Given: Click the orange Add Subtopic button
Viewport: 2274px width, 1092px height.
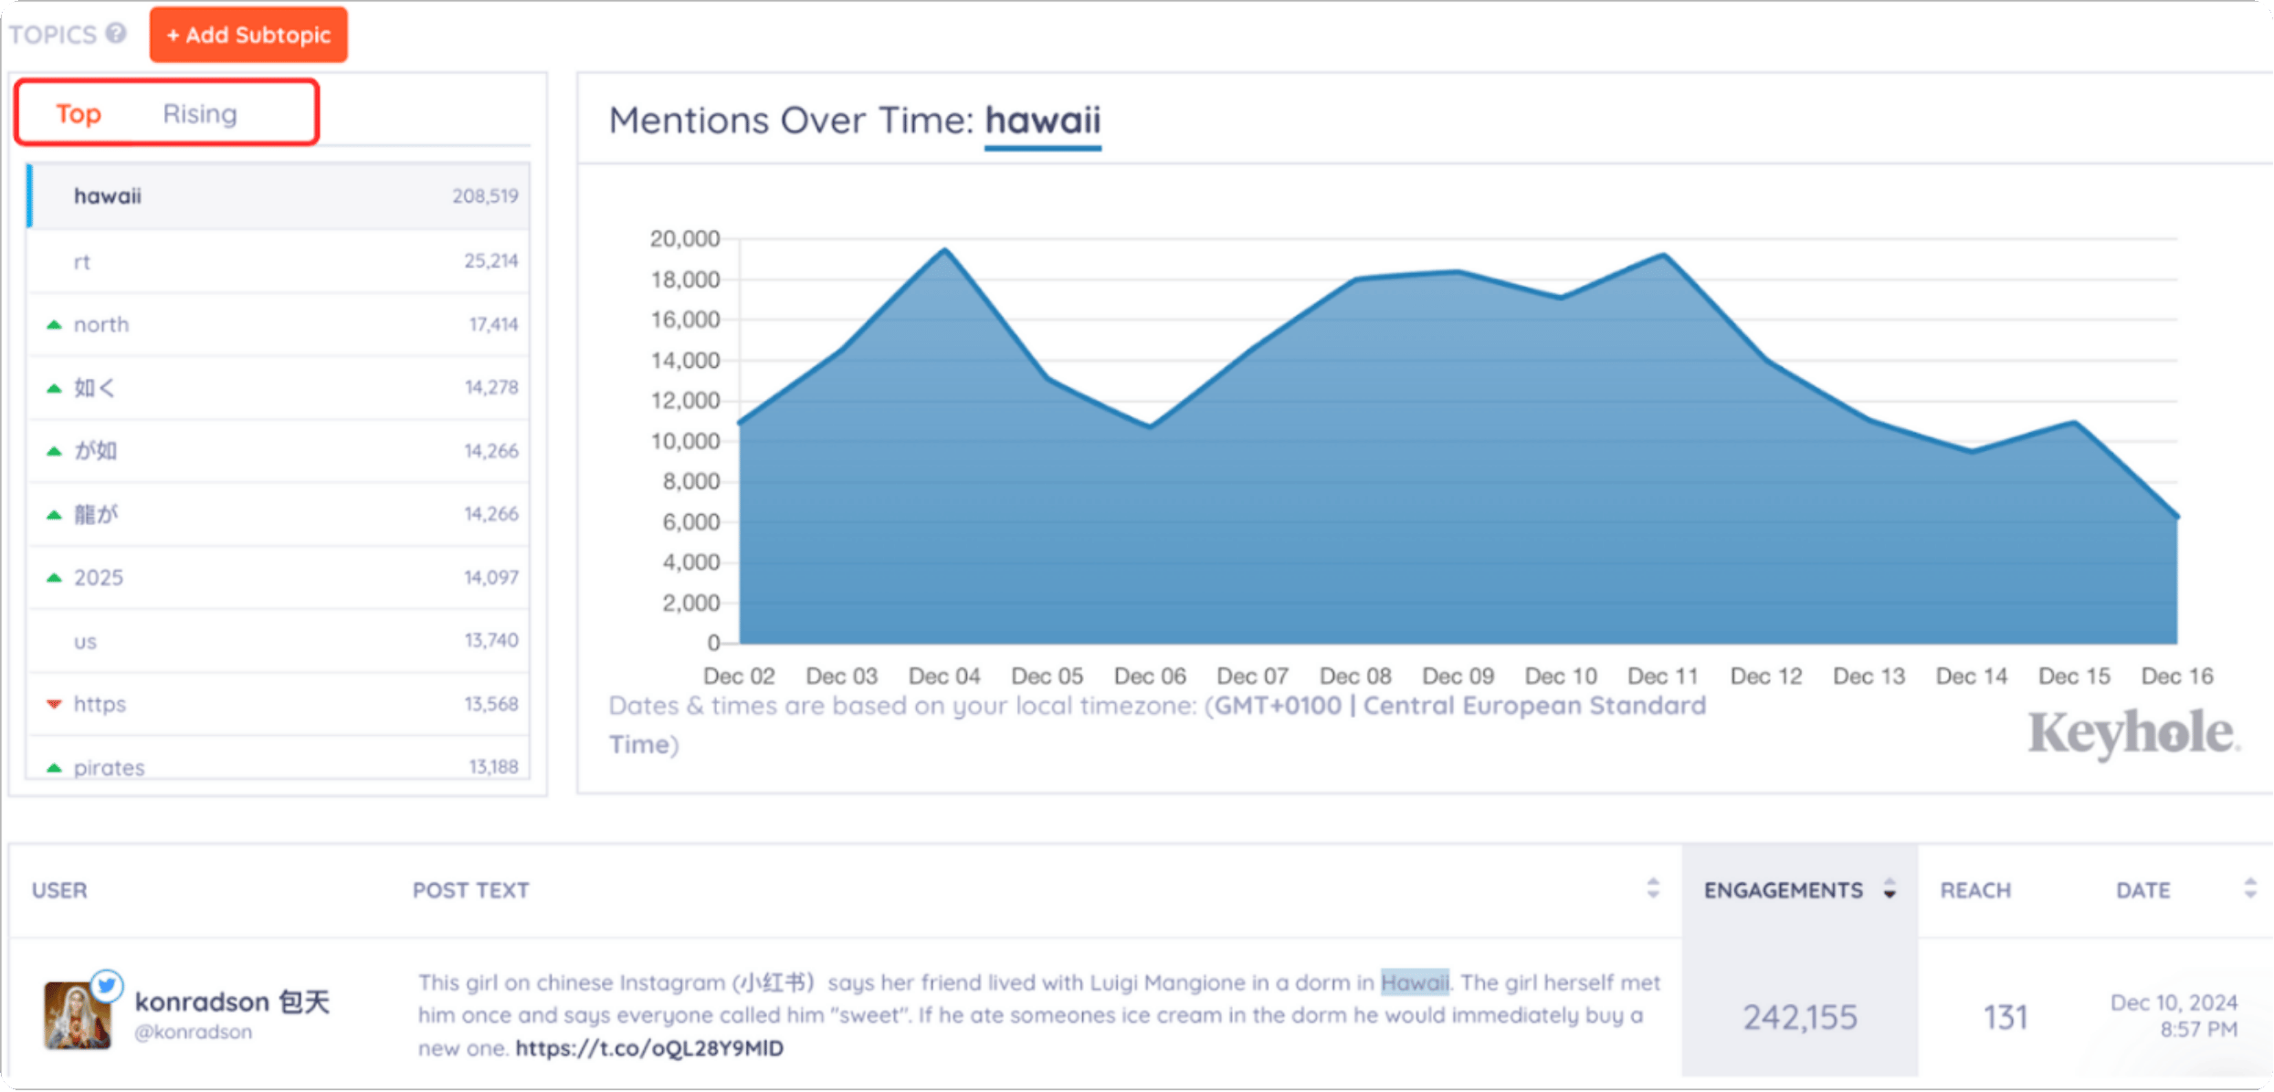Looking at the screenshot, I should tap(248, 35).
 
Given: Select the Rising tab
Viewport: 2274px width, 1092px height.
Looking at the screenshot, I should tap(200, 113).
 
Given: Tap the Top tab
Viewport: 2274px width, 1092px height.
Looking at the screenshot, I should tap(79, 113).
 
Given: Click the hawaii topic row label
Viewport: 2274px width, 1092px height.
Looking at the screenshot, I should tap(108, 196).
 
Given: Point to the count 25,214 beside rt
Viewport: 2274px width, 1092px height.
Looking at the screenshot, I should tap(490, 261).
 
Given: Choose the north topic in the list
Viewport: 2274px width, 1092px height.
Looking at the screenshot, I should tap(101, 325).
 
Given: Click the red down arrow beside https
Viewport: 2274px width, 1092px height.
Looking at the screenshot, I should tap(55, 704).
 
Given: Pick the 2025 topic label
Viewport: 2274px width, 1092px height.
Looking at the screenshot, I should tap(99, 578).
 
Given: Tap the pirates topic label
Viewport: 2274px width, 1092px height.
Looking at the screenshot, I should tap(109, 768).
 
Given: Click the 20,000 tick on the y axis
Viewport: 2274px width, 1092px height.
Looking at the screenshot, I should tap(685, 239).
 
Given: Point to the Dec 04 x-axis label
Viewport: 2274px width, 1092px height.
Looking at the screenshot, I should tap(944, 677).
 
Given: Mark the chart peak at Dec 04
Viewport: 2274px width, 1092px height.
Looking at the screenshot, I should tap(945, 249).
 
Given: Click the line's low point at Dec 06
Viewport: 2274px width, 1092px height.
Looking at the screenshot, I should tap(1151, 426).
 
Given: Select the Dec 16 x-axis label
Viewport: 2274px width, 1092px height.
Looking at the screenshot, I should tap(2177, 677).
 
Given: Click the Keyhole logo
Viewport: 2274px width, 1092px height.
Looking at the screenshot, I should tap(2132, 733).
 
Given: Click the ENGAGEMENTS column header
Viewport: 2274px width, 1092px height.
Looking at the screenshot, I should tap(1784, 890).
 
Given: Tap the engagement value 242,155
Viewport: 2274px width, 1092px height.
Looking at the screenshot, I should tap(1800, 1017).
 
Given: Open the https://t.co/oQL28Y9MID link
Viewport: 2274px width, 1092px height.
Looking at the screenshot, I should tap(649, 1048).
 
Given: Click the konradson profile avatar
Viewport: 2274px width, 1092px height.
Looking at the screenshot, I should tap(78, 1014).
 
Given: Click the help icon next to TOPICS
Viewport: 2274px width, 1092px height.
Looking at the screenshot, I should tap(116, 34).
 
